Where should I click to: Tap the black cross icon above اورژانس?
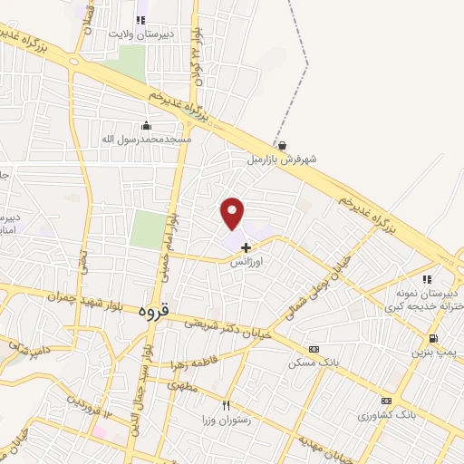point(246,246)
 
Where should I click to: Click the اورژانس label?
point(246,261)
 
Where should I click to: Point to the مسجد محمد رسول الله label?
point(146,139)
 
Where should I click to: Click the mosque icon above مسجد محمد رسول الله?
point(146,125)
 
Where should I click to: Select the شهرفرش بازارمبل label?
point(283,159)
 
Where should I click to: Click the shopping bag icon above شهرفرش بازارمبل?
point(283,145)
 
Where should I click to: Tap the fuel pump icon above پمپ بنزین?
point(432,339)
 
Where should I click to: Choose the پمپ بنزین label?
point(440,352)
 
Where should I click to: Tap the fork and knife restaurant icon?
point(227,407)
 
